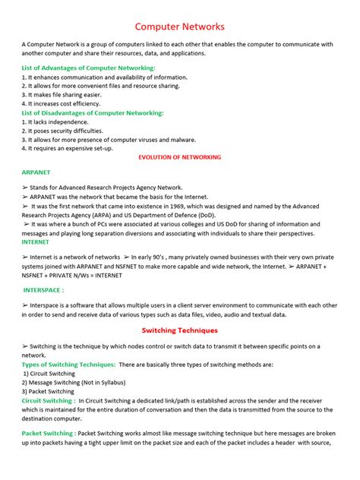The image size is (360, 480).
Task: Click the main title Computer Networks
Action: click(179, 27)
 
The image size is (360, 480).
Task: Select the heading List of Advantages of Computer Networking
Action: click(88, 68)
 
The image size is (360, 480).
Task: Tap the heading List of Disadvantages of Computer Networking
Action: click(93, 112)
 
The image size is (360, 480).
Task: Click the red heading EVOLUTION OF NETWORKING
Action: click(179, 157)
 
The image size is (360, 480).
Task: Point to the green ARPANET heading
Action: click(36, 172)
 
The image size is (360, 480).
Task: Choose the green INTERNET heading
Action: click(36, 242)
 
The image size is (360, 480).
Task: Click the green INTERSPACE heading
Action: click(43, 290)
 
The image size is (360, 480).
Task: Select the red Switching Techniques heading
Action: click(179, 331)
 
